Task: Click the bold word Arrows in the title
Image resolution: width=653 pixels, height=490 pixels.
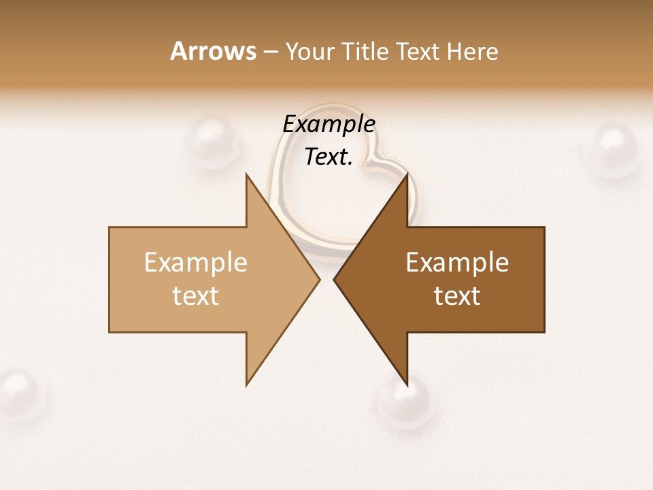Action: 213,51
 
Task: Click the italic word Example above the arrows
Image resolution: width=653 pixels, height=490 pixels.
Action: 329,125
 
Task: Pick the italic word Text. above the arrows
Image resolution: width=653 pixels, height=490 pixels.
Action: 329,157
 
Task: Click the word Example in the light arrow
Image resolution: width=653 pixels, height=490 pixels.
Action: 196,263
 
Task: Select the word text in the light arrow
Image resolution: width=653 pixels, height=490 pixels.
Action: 196,296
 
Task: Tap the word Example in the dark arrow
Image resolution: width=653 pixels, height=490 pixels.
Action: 457,263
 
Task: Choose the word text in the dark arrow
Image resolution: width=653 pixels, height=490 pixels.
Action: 457,296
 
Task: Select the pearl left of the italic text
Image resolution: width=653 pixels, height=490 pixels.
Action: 212,142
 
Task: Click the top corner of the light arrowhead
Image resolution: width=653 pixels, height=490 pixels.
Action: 247,175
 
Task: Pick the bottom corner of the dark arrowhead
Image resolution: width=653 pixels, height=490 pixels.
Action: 407,385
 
